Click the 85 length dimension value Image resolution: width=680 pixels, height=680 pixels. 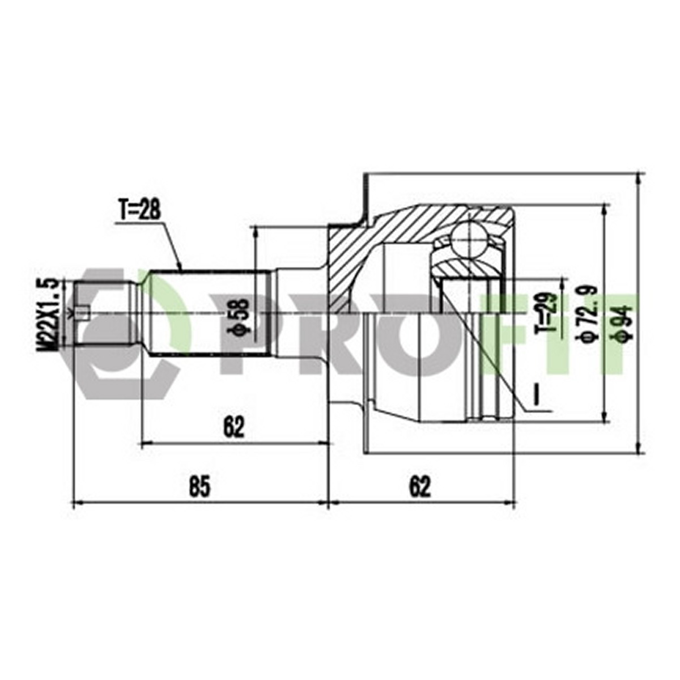199,487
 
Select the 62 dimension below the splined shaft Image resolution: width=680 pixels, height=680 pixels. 233,427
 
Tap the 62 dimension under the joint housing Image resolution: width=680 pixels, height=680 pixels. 420,487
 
